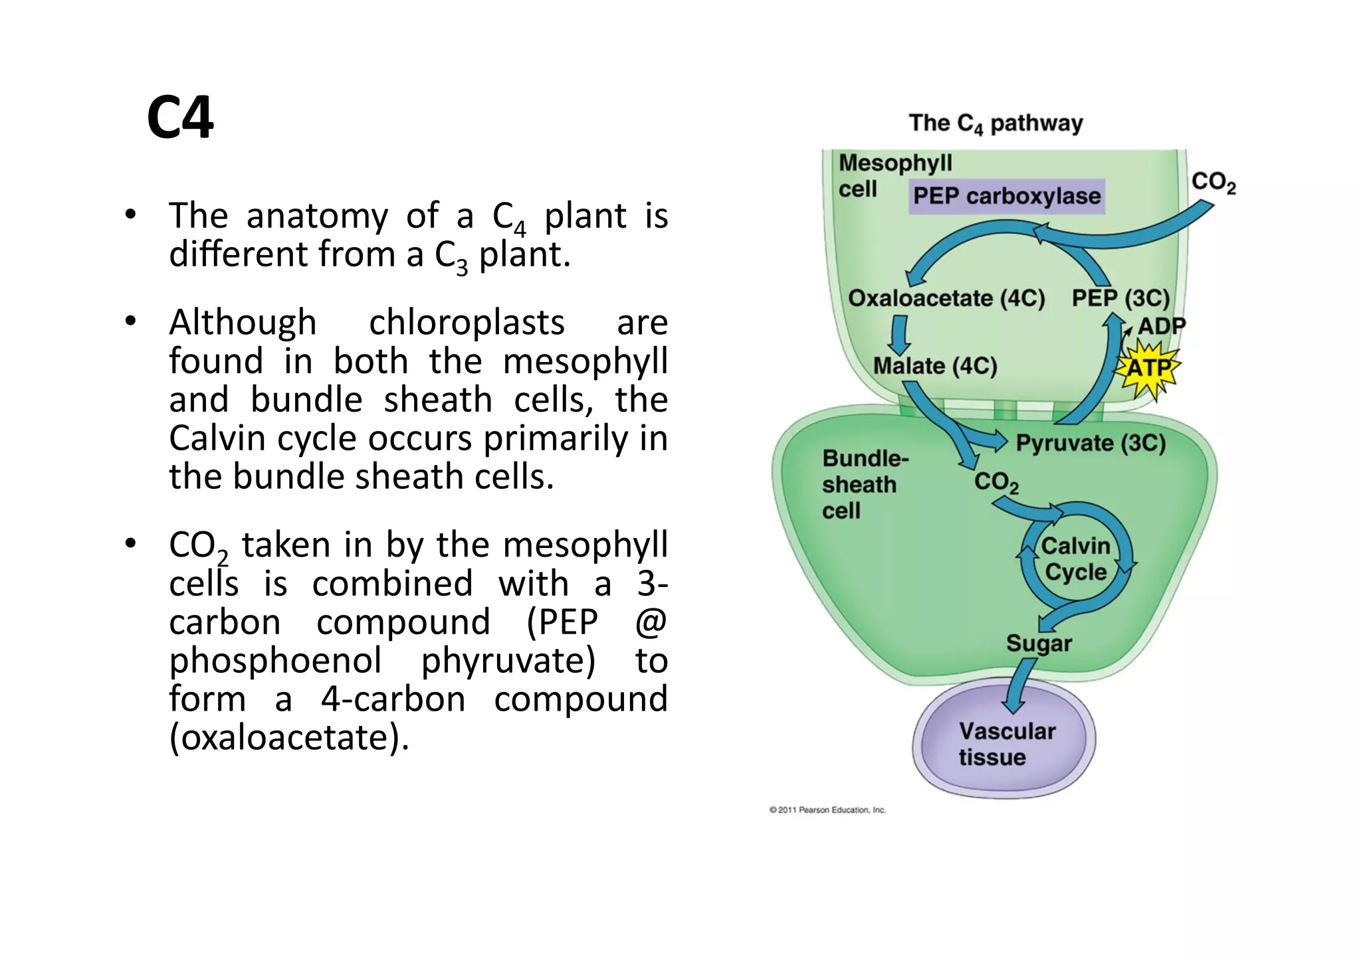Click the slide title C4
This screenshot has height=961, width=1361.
180,118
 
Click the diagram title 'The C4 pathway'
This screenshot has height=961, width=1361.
995,124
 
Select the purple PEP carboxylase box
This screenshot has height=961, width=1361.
1006,196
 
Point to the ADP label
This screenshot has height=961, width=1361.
1161,326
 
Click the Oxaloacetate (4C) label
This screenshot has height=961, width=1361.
946,298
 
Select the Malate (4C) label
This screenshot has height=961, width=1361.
934,366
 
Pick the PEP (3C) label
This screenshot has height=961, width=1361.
1120,298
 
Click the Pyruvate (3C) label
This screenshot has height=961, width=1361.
1090,443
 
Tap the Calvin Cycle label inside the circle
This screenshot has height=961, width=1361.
1075,559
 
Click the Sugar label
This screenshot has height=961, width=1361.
1038,643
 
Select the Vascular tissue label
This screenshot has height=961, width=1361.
1005,744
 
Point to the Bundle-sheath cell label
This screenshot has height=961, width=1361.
864,484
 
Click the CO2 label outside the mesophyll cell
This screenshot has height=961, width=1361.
1213,182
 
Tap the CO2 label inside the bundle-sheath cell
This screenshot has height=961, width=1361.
995,481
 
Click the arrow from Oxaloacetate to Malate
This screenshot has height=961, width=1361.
900,334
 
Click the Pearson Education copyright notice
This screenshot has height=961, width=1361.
827,810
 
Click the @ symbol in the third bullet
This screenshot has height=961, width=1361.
650,622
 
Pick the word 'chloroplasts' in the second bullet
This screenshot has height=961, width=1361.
467,323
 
